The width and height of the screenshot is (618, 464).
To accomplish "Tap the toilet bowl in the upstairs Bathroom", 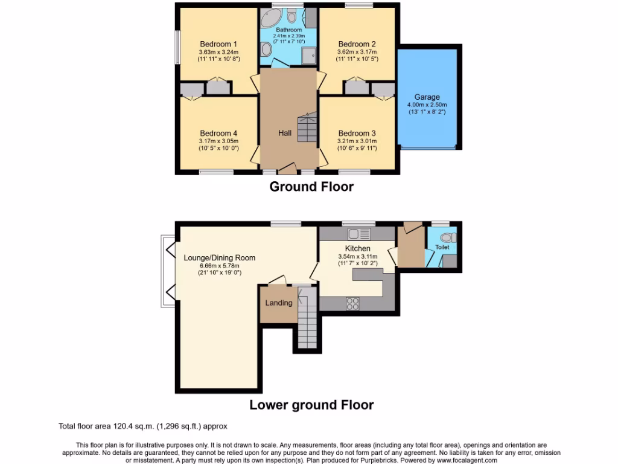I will click(x=292, y=16).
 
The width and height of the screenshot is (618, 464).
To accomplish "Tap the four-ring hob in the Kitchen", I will click(x=352, y=304).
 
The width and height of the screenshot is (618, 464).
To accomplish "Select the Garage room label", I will click(x=427, y=97).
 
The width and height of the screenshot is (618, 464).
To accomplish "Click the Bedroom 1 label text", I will click(x=218, y=44).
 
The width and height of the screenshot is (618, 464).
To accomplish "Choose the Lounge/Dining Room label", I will click(x=220, y=258).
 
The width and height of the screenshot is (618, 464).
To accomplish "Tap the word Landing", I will click(x=279, y=303).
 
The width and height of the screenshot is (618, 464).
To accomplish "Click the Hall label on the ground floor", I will click(x=285, y=133).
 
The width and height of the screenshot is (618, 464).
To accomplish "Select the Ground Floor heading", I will click(x=311, y=187).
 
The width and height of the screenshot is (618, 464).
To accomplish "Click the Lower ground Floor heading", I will click(x=311, y=405).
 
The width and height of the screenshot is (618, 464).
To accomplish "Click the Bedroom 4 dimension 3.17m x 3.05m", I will click(x=218, y=142).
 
